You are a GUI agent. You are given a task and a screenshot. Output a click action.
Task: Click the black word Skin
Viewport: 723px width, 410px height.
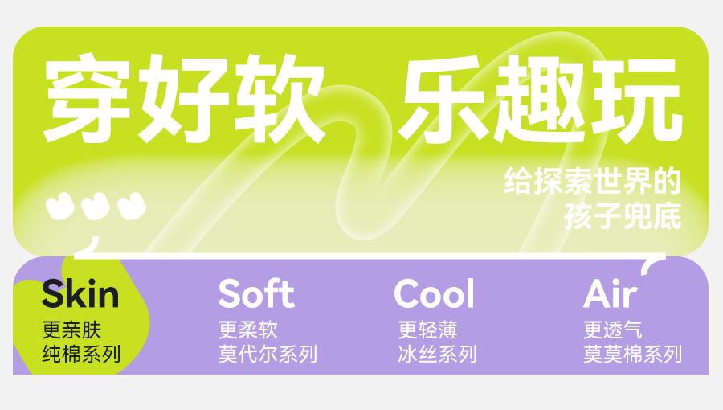80,293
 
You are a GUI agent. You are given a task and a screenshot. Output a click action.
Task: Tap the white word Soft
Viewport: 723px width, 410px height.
256,293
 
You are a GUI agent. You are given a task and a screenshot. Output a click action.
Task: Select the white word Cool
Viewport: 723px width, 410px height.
434,293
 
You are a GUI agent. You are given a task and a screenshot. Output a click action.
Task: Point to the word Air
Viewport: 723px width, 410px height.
611,293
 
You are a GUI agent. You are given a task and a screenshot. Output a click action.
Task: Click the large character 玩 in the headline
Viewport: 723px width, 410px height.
636,98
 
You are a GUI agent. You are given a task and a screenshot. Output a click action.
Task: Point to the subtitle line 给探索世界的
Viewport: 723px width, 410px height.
593,180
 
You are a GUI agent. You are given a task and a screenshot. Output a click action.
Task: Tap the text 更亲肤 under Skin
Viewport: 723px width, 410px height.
71,330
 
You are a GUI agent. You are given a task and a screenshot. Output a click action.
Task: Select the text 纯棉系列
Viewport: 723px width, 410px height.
81,354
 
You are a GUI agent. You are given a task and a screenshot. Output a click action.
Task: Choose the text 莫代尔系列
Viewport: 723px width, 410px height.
268,354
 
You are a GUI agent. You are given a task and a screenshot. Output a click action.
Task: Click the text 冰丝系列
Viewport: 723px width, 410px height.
438,354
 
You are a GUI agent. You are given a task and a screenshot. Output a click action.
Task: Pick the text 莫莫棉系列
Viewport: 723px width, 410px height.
633,354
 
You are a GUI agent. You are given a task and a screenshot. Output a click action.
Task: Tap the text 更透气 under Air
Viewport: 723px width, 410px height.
613,330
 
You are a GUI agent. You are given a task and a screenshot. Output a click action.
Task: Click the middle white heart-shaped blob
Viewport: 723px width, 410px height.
96,206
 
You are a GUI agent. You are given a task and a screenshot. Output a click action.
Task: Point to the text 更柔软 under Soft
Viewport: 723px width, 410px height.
248,330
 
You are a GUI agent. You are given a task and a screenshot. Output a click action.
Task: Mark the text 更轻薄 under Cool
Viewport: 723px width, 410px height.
428,330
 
